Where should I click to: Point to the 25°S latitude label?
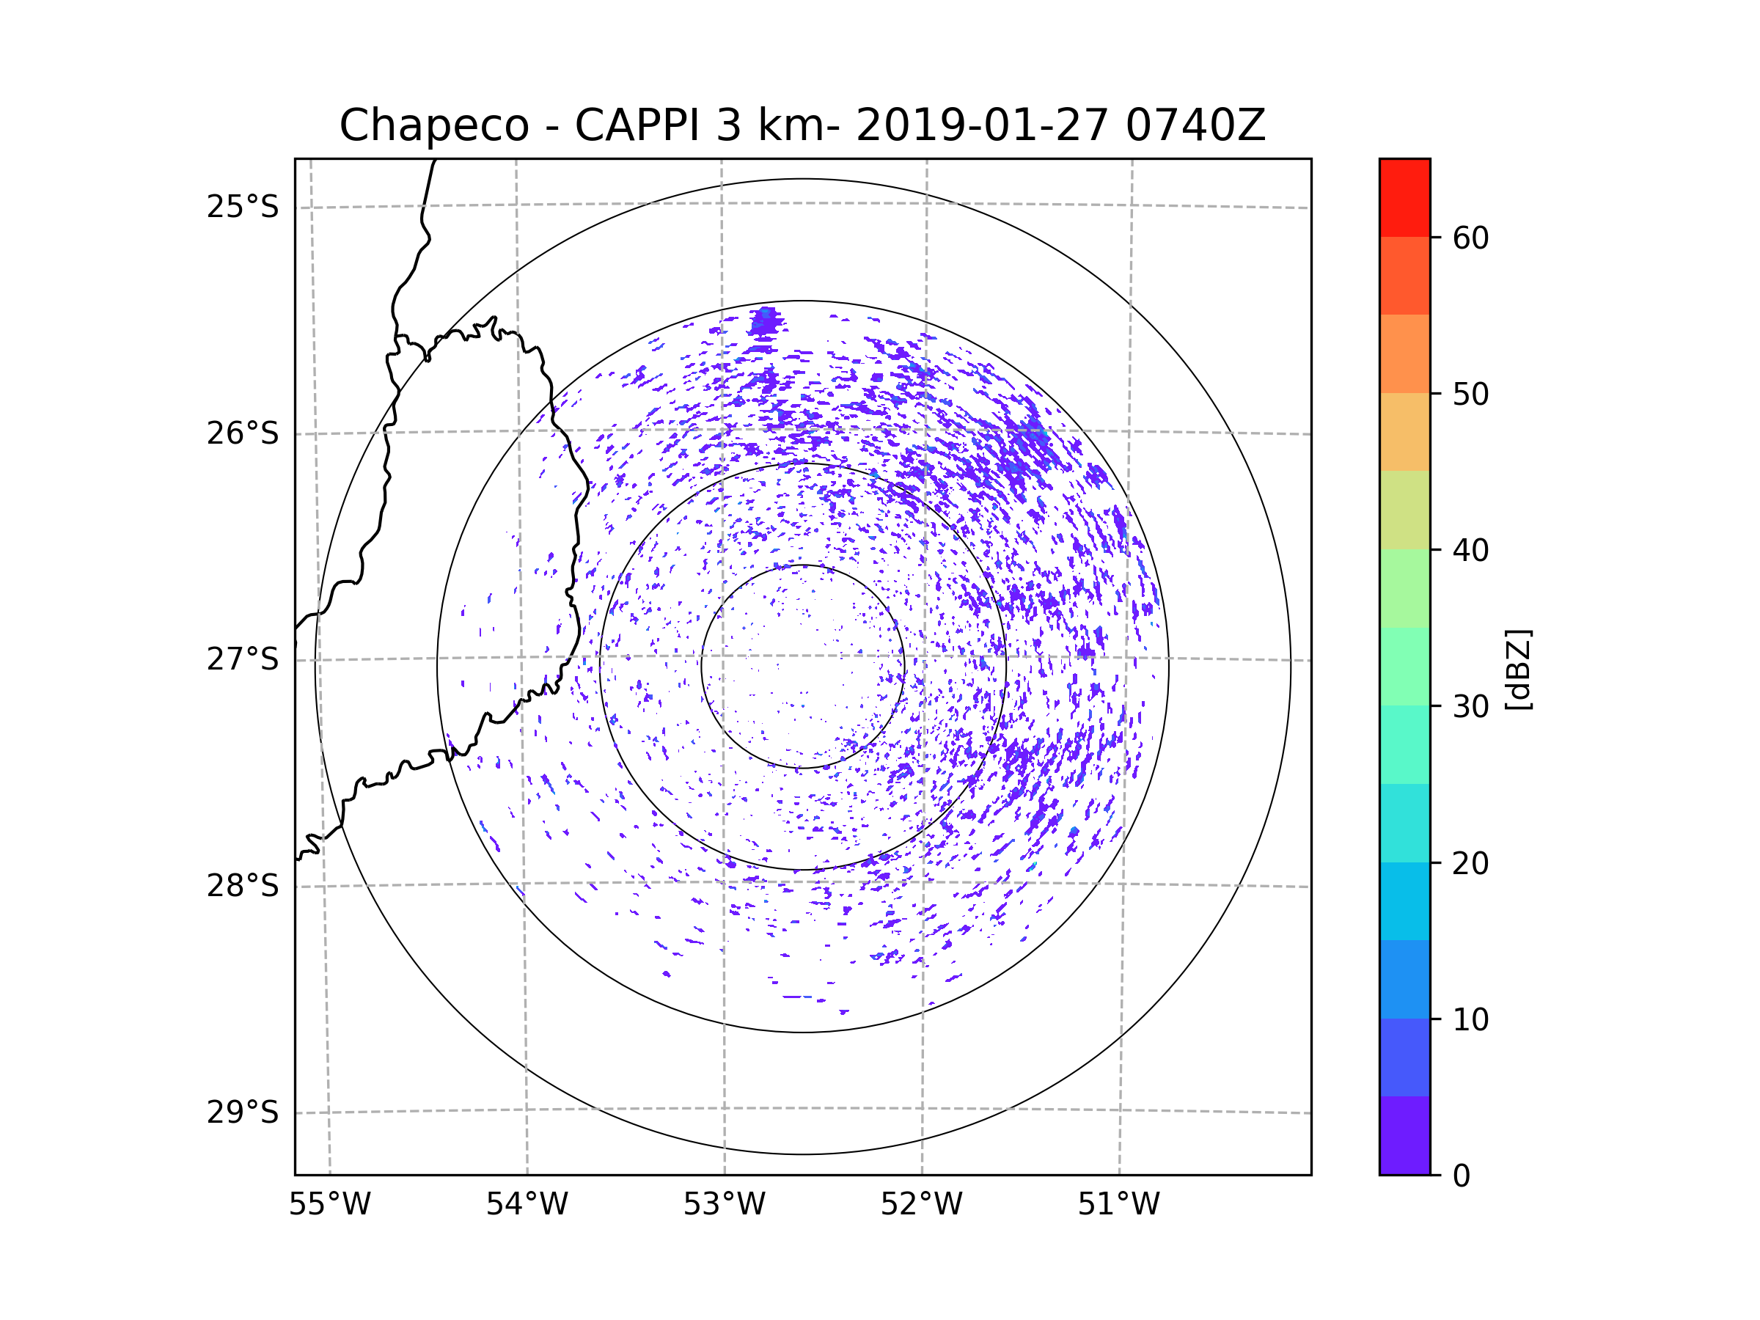click(243, 207)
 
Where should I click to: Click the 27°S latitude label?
click(243, 659)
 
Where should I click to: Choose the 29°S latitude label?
click(243, 1112)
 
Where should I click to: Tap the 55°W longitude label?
click(329, 1205)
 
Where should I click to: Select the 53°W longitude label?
click(724, 1205)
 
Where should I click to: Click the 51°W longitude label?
click(1118, 1205)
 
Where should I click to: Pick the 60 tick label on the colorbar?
click(1470, 238)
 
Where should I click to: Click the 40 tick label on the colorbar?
click(1470, 551)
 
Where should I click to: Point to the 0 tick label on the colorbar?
click(1462, 1176)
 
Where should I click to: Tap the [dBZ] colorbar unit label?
click(1518, 670)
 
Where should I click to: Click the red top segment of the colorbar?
click(1404, 197)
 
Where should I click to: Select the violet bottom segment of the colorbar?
click(1404, 1135)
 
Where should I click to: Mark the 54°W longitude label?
click(527, 1205)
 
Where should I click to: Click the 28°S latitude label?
click(243, 886)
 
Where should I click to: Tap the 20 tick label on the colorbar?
click(1470, 863)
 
